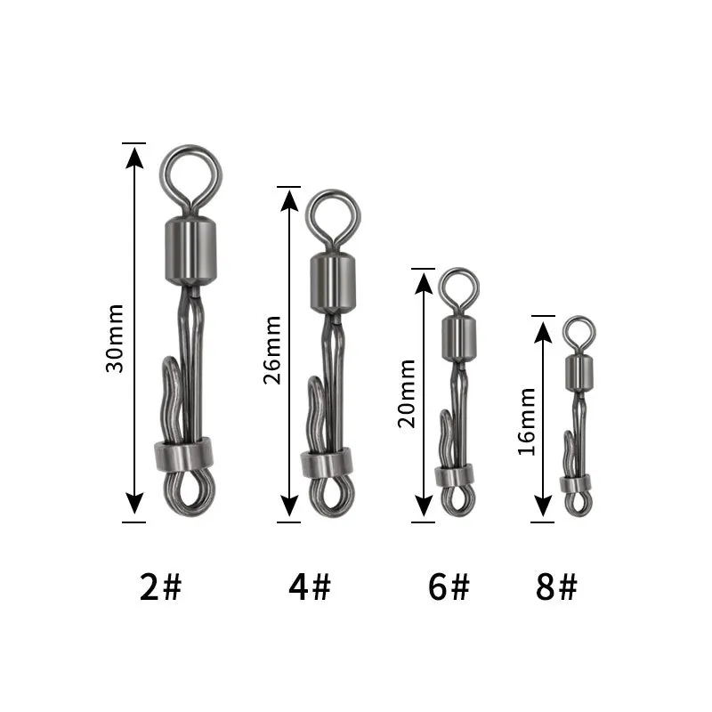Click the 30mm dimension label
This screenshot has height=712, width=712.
point(114,338)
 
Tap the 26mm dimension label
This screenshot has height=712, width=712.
point(272,350)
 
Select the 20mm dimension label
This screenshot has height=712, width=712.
point(407,393)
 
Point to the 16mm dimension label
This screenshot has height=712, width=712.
point(526,421)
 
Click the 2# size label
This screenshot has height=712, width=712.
point(160,587)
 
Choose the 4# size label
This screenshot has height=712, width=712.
point(310,587)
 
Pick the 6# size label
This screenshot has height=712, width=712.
point(449,587)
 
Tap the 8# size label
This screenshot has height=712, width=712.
point(556,587)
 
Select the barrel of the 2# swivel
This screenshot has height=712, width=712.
point(190,251)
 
